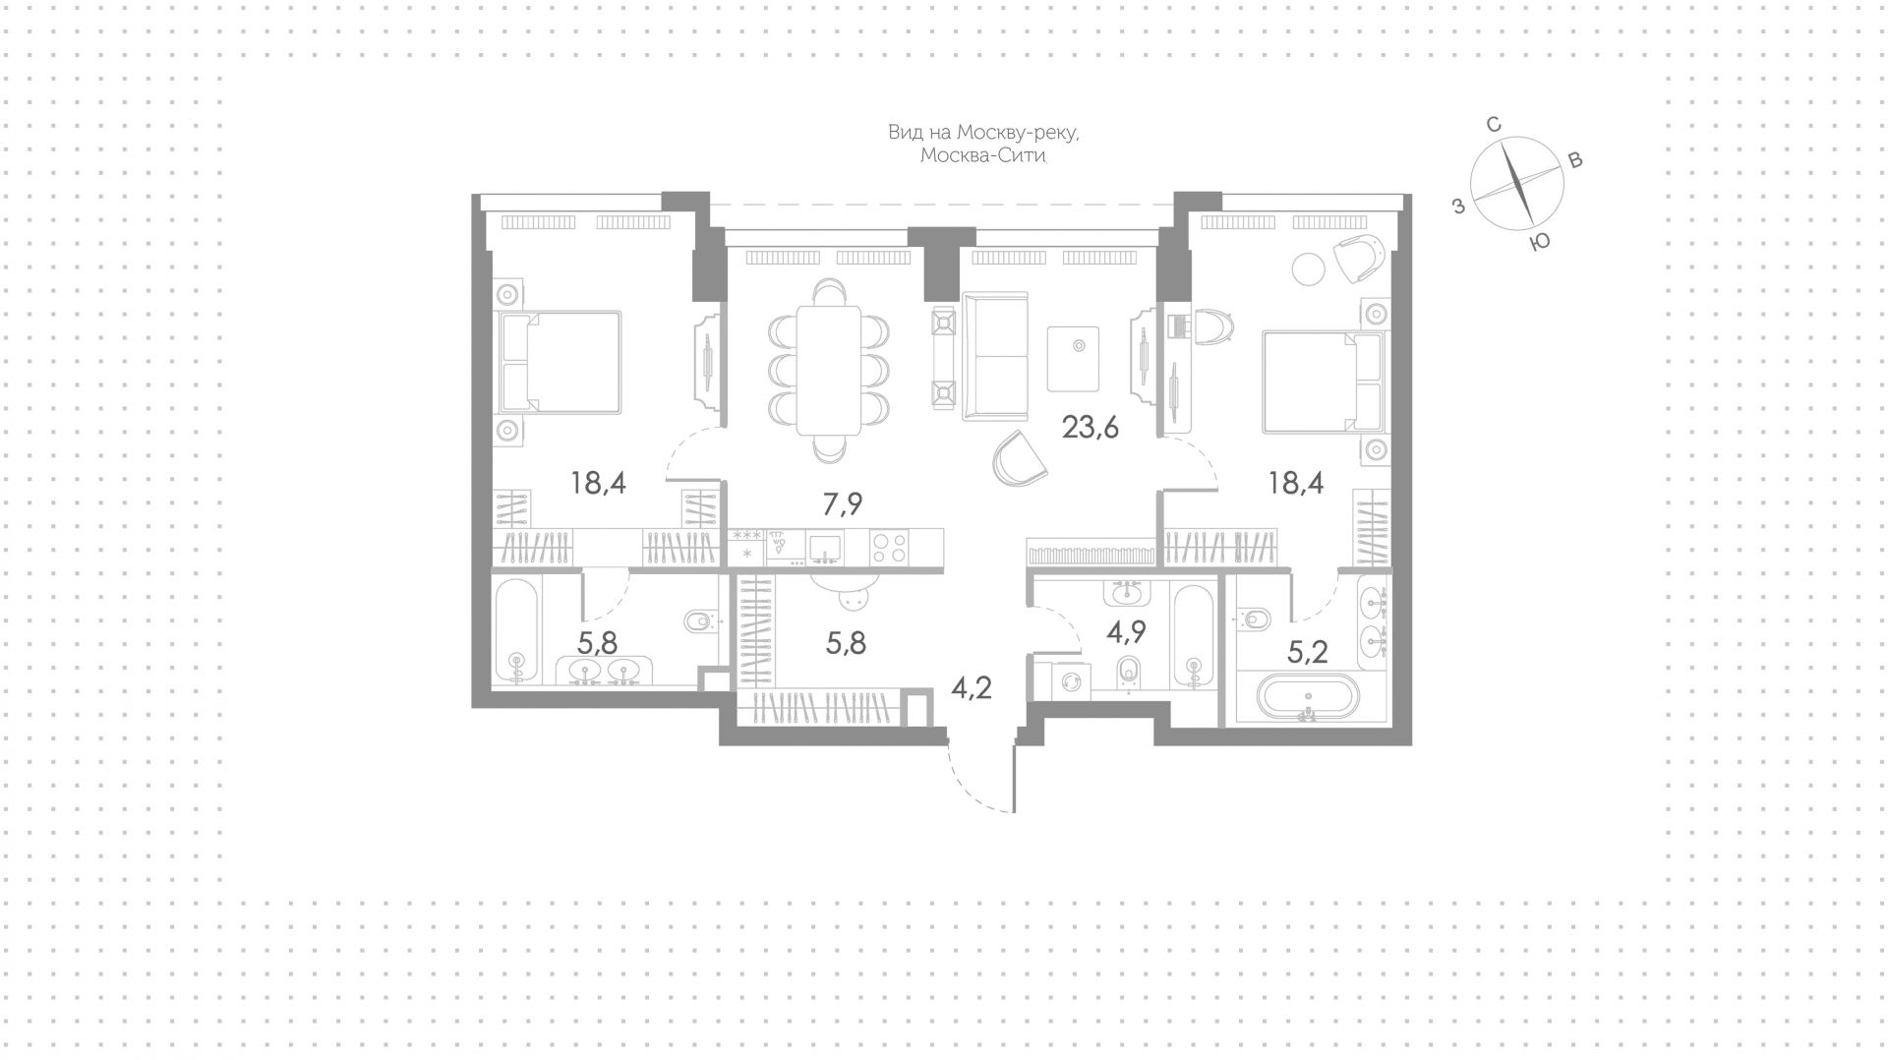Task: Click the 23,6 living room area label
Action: click(1091, 428)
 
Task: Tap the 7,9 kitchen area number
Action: click(843, 503)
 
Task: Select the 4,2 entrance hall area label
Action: click(971, 686)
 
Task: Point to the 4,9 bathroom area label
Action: click(1127, 630)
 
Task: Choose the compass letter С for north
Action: click(1493, 125)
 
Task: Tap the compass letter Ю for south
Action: click(1541, 242)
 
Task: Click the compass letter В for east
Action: click(1574, 160)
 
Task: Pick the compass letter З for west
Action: click(1459, 206)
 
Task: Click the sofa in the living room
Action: click(995, 357)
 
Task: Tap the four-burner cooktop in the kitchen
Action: click(889, 547)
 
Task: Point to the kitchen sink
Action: click(824, 546)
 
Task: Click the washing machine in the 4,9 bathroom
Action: click(1072, 679)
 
